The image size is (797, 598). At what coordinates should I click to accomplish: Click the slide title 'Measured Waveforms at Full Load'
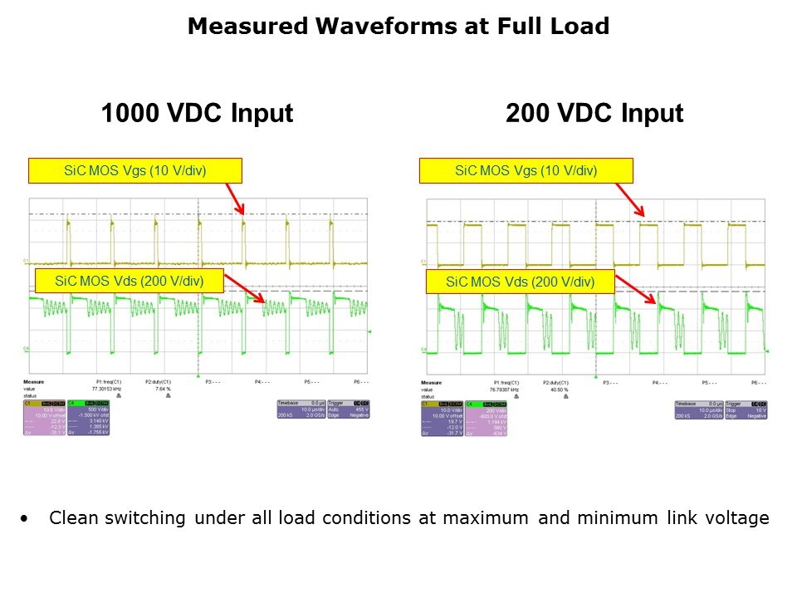(x=398, y=27)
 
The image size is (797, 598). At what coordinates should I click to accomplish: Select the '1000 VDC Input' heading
(x=197, y=114)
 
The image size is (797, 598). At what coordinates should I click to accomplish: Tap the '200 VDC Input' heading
(x=594, y=114)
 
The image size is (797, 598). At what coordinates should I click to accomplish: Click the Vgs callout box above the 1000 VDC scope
(x=135, y=171)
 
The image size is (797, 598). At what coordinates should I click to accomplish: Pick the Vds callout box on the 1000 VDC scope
(x=129, y=281)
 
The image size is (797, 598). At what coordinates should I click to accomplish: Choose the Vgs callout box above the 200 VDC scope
(x=526, y=171)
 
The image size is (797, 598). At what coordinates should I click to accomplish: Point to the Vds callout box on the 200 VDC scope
(x=521, y=282)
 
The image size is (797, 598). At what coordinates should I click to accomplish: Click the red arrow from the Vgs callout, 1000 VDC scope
(x=234, y=199)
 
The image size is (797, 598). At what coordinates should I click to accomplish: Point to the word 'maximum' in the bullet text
(x=486, y=518)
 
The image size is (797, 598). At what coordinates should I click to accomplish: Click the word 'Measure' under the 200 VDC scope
(x=432, y=383)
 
